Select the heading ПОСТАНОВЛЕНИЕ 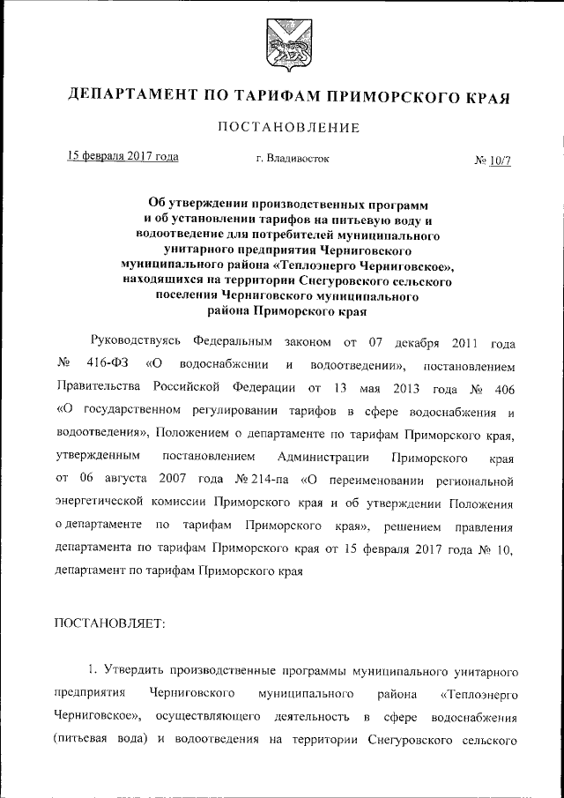coord(282,128)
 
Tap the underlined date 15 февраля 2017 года coord(124,157)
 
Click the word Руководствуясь coord(135,341)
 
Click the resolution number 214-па coord(272,480)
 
